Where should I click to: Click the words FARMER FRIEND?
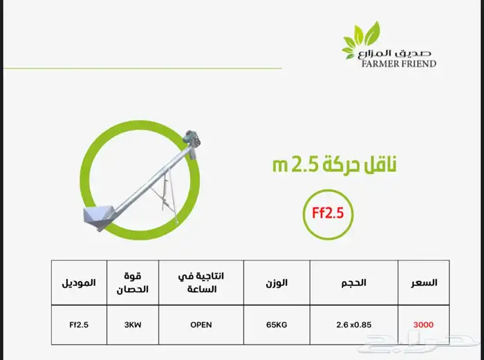coord(398,64)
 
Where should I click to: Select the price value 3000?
coord(423,325)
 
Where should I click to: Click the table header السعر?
coord(424,283)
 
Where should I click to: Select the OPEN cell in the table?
coord(201,325)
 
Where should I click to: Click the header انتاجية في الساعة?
coord(201,283)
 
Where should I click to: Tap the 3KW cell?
coord(133,325)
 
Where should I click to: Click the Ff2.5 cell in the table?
coord(79,325)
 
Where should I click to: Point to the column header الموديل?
coord(79,283)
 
